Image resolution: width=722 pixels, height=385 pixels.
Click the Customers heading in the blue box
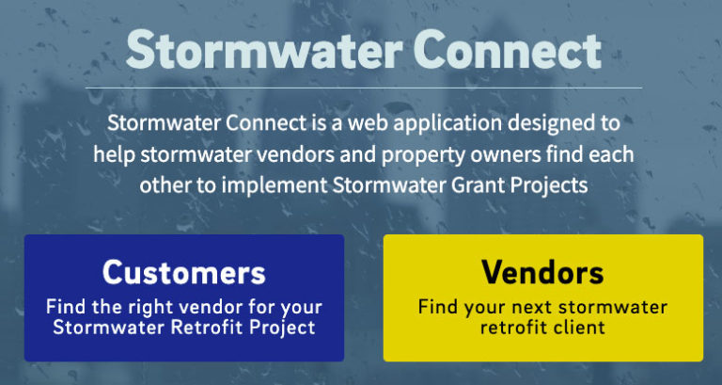[x=184, y=272]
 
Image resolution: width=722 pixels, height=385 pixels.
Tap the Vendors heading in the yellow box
[x=542, y=272]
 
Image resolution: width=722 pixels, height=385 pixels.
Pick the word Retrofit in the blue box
[x=198, y=328]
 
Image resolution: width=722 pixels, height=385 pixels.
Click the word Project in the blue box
[x=281, y=328]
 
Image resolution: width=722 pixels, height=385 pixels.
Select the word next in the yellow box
[x=529, y=307]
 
